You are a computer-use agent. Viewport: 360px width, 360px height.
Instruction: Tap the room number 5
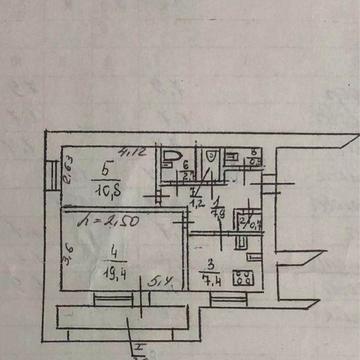pos(104,166)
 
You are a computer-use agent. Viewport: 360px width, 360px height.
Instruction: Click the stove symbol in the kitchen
pos(241,278)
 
